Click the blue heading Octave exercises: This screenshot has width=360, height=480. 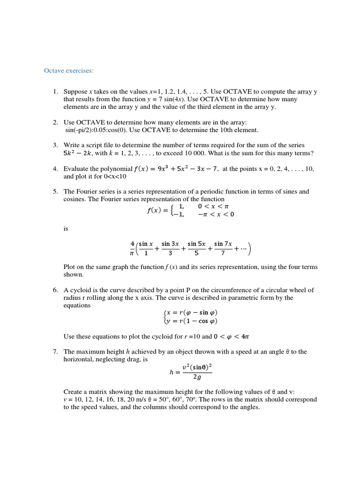coord(68,71)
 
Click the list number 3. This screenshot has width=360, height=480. coord(55,145)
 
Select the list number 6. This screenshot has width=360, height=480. coord(55,290)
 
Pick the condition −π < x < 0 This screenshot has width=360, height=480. coord(216,214)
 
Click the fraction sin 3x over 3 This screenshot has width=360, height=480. coord(170,248)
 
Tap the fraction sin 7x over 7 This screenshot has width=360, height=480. coord(223,248)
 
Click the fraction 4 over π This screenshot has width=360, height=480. coord(133,248)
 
